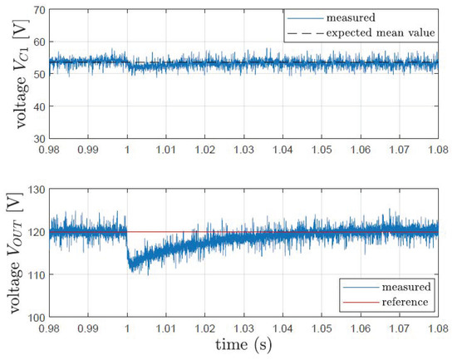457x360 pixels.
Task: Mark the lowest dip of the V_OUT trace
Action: coord(131,271)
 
